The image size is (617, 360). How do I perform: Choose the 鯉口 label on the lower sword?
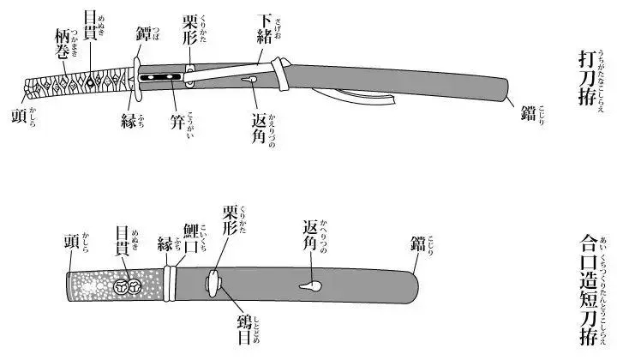[192, 238]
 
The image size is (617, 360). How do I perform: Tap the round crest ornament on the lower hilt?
[126, 284]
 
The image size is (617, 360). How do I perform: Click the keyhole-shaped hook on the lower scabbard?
[306, 285]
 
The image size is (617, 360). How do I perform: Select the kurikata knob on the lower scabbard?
[212, 280]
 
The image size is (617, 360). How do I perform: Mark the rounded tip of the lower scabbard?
[416, 281]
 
